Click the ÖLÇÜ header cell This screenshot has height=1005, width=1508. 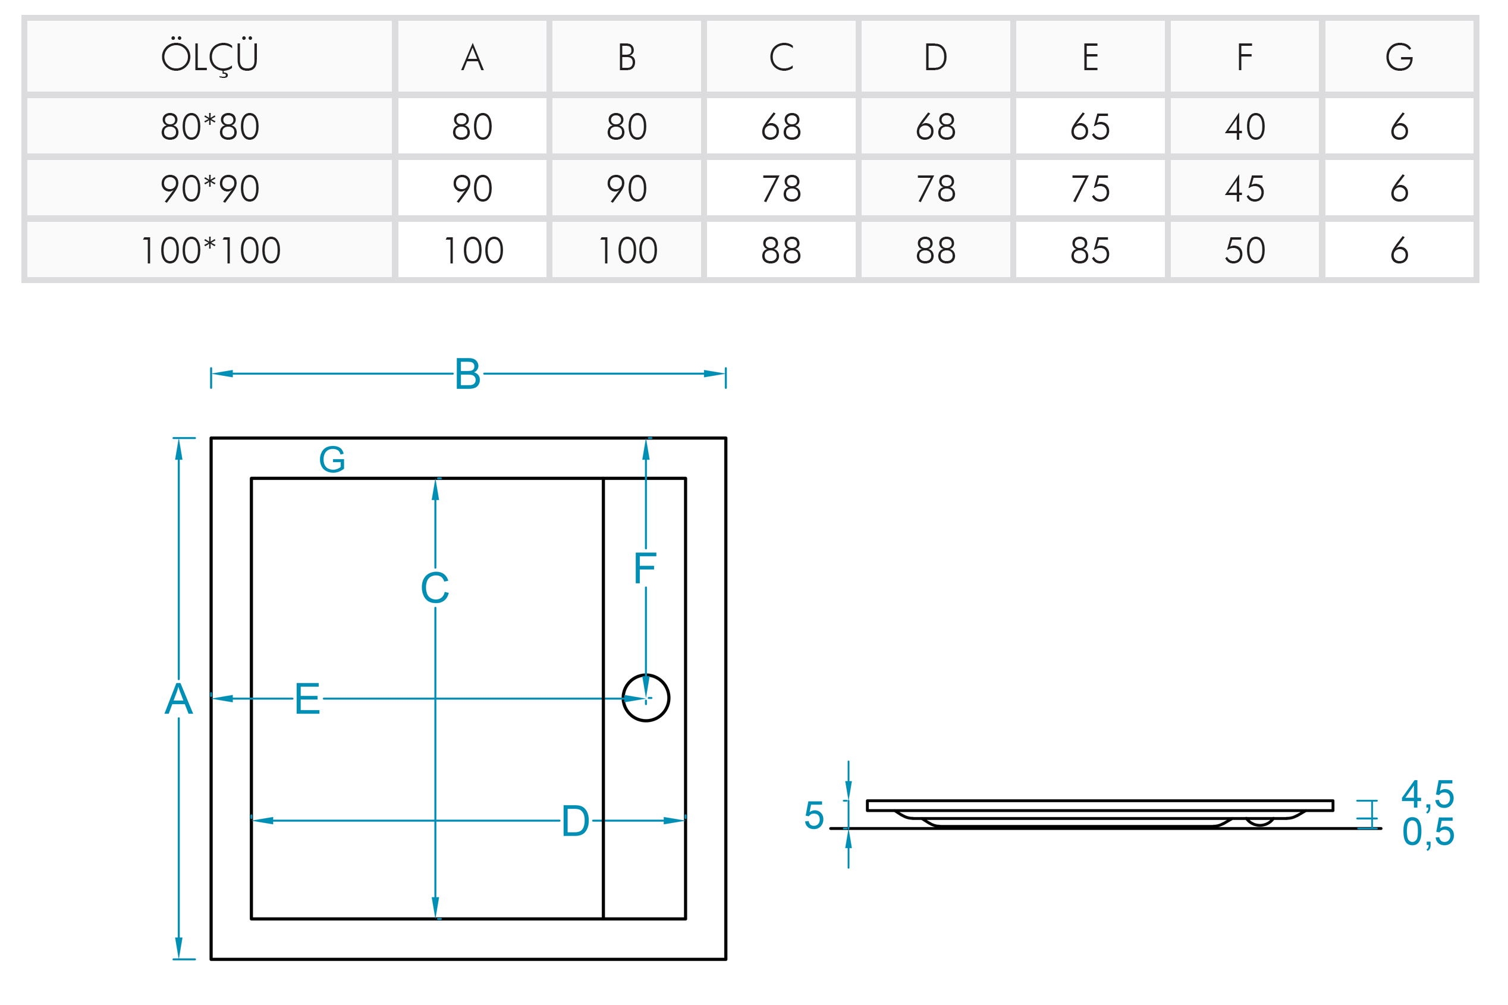tap(209, 57)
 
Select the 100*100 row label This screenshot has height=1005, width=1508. tap(209, 250)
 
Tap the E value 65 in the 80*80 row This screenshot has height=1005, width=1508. tap(1089, 126)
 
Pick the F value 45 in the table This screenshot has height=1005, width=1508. tap(1244, 189)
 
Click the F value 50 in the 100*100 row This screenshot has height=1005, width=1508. tap(1244, 250)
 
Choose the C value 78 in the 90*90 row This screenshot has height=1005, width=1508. tap(781, 189)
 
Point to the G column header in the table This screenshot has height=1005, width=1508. tap(1399, 57)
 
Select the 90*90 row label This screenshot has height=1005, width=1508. tap(209, 189)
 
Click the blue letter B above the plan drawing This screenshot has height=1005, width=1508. tap(467, 374)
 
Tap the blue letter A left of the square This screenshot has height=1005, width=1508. tap(178, 699)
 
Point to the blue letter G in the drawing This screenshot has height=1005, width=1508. tap(332, 460)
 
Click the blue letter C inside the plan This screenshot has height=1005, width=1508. tap(435, 588)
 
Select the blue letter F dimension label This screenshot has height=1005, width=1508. tap(645, 568)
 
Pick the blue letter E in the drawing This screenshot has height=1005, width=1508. tap(307, 699)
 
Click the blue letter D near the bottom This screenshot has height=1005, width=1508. tap(575, 821)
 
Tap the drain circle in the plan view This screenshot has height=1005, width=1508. tap(645, 698)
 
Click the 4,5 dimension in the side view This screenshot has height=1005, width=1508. tap(1427, 794)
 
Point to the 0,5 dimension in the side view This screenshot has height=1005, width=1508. tap(1427, 832)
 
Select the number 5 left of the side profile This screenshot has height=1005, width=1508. tap(813, 815)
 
